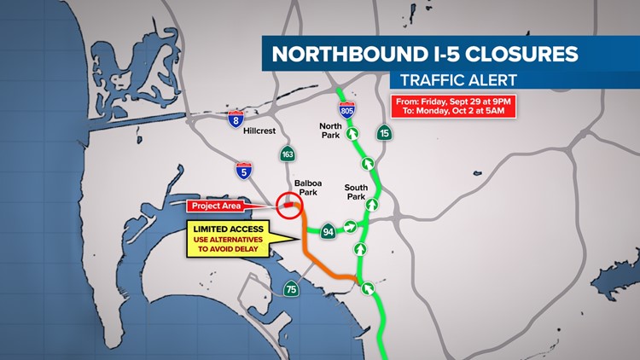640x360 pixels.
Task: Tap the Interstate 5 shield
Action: (x=244, y=171)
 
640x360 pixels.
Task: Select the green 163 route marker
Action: (x=288, y=154)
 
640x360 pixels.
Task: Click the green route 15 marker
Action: (x=385, y=133)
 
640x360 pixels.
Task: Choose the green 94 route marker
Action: (x=327, y=230)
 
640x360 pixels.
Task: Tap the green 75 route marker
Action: (x=292, y=289)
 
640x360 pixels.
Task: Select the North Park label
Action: (x=331, y=131)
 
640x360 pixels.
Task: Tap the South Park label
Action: (x=356, y=193)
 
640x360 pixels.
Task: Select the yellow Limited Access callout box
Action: (x=228, y=238)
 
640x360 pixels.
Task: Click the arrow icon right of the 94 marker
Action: (x=351, y=227)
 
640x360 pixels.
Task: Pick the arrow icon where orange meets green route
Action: (x=368, y=288)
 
